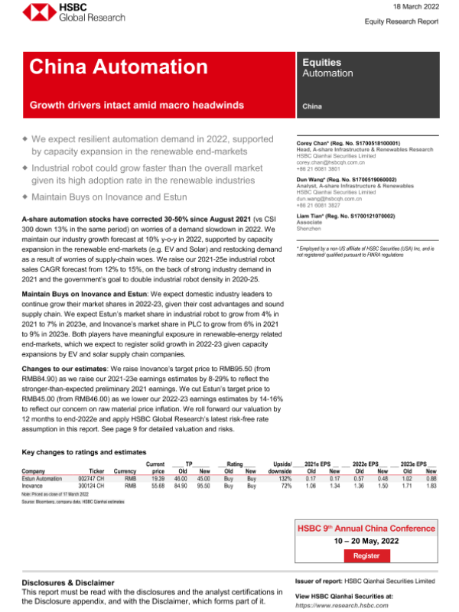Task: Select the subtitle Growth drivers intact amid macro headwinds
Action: (x=137, y=104)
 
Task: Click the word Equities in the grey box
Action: (x=322, y=63)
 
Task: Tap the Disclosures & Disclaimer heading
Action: (x=69, y=582)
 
